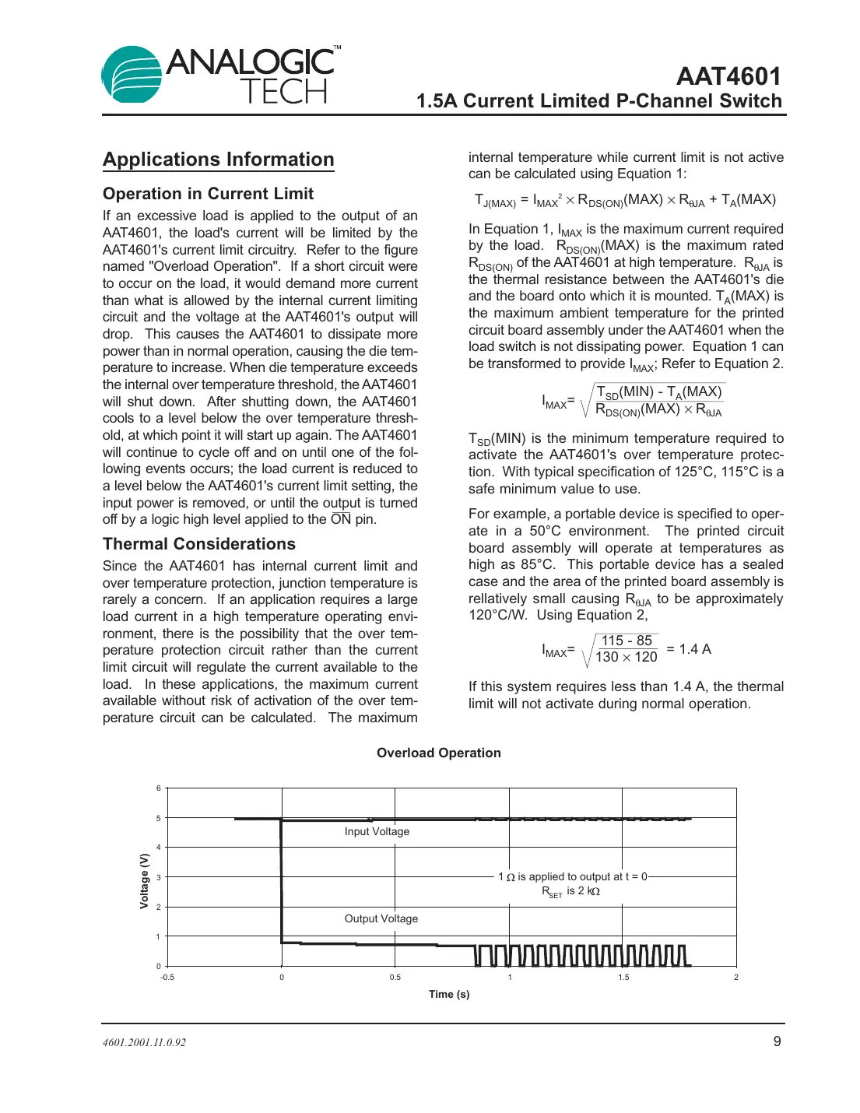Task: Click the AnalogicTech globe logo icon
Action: click(x=131, y=75)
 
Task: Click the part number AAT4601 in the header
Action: click(x=728, y=75)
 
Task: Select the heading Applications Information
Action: click(x=218, y=160)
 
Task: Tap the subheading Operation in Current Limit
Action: click(x=208, y=194)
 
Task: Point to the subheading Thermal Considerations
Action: click(x=198, y=544)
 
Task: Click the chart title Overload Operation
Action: click(x=438, y=753)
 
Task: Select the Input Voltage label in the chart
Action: click(x=377, y=831)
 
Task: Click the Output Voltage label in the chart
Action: click(x=381, y=918)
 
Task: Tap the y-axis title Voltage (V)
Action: click(x=144, y=881)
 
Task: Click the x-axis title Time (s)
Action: click(x=449, y=994)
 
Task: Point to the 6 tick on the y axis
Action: click(x=158, y=788)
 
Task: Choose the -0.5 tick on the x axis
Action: click(x=167, y=978)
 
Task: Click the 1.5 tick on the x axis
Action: click(x=623, y=978)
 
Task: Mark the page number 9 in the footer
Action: click(x=777, y=1041)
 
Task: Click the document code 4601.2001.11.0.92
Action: click(x=144, y=1043)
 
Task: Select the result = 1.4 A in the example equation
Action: click(x=689, y=649)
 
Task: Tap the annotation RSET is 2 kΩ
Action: click(x=570, y=891)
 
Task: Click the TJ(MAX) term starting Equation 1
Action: click(x=494, y=200)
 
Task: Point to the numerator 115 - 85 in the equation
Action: click(x=627, y=641)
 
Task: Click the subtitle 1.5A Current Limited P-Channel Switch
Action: click(x=598, y=101)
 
